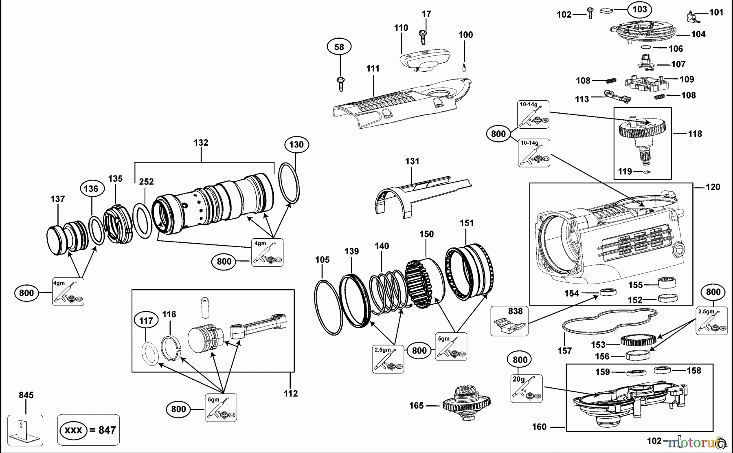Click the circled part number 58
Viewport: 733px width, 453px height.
(x=339, y=47)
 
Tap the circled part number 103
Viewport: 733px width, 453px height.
(x=640, y=9)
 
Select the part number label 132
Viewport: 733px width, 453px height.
(x=201, y=143)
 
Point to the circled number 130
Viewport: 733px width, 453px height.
(x=296, y=144)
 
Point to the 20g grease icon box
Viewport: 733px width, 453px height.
(x=526, y=389)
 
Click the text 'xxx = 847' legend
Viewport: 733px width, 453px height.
(x=88, y=430)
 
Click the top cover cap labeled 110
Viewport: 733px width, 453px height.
(x=425, y=59)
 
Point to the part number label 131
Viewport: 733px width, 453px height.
(x=412, y=161)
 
